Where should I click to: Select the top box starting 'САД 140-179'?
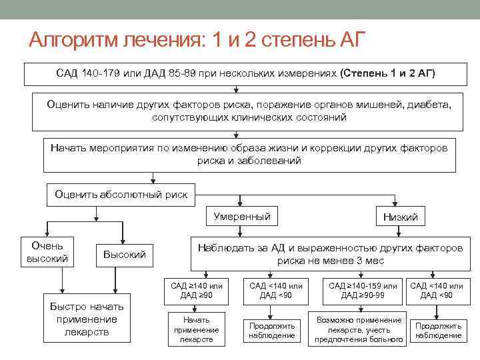click(245, 73)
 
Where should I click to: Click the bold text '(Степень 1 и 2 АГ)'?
click(387, 73)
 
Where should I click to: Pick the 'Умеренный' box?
click(242, 217)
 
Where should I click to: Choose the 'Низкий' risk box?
click(401, 217)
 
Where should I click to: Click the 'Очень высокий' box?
click(47, 252)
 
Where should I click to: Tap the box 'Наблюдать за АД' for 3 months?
click(330, 254)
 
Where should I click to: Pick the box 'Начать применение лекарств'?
click(196, 329)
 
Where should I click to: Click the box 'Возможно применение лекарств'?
click(359, 329)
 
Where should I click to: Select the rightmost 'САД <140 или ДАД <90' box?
click(437, 291)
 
